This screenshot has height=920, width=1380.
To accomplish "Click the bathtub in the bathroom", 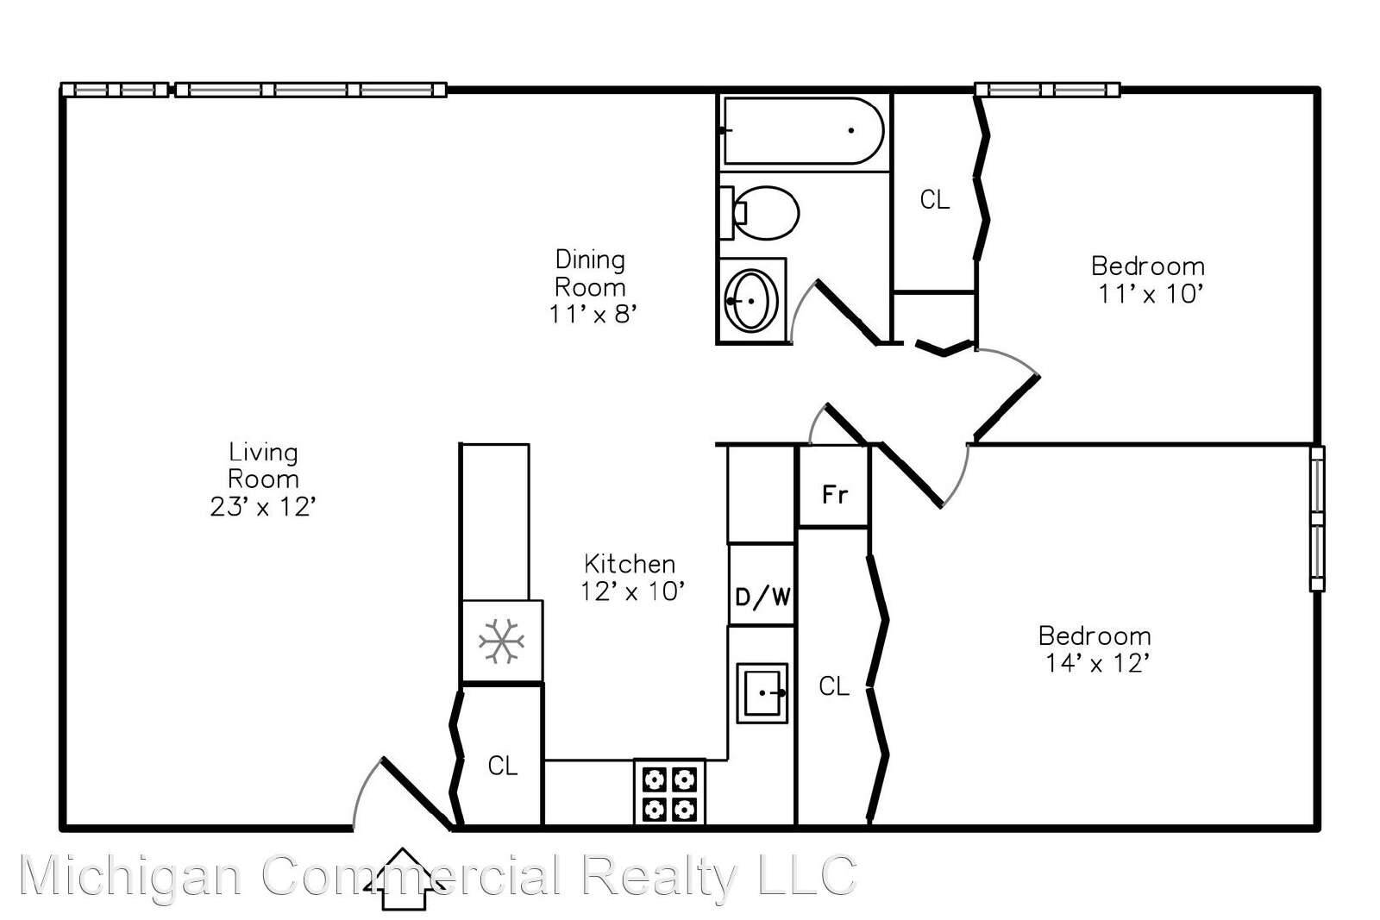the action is (x=803, y=130).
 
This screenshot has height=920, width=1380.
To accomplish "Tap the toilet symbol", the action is (x=760, y=212).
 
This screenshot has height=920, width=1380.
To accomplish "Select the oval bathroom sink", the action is (x=751, y=301).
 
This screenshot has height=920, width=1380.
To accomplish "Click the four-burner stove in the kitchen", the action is (x=669, y=792).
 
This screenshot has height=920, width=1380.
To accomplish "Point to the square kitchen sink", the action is (x=762, y=692).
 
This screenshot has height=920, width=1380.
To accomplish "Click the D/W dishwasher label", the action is (x=763, y=597).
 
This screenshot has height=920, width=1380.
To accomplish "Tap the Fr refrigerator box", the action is (x=834, y=485).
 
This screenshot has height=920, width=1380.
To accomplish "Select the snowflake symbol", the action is (x=501, y=641).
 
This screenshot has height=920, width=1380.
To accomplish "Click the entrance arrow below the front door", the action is (x=404, y=879).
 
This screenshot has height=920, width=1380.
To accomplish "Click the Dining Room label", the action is (x=590, y=273).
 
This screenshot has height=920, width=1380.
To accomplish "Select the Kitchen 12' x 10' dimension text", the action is (x=633, y=591).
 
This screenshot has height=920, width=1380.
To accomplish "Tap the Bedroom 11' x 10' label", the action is (x=1148, y=280).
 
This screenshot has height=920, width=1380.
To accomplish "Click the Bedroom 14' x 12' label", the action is (x=1095, y=649).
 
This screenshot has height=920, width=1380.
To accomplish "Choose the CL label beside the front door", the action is (x=503, y=766).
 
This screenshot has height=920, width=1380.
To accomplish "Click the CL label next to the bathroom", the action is (x=935, y=199).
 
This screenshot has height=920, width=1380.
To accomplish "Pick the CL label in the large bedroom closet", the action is (x=834, y=686).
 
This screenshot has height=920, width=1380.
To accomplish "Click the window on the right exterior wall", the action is (x=1317, y=518).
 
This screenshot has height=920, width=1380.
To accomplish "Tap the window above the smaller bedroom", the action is (x=1047, y=90).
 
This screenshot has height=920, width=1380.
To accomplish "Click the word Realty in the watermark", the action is (x=660, y=877).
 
